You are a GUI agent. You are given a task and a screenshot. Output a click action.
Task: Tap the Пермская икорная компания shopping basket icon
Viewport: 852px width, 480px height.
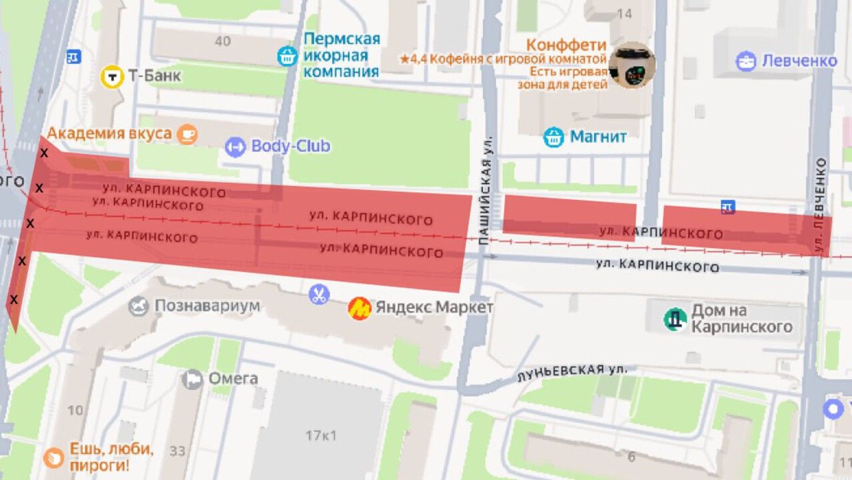287,56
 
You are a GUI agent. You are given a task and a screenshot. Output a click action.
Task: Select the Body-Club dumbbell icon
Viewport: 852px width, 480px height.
234,147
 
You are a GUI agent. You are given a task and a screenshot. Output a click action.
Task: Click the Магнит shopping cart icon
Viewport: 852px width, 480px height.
554,137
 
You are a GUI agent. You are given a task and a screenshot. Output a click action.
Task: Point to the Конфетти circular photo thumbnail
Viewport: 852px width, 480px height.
632,65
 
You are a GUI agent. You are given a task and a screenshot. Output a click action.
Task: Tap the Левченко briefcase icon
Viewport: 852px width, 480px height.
745,61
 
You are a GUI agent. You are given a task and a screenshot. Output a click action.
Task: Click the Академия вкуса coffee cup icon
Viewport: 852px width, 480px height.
187,134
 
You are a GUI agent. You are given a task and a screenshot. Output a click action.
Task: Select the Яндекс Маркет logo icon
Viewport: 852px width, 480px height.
360,308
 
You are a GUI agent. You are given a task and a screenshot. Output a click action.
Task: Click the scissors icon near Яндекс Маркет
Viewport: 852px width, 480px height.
319,294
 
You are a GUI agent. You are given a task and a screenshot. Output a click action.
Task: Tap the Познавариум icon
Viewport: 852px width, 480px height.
139,306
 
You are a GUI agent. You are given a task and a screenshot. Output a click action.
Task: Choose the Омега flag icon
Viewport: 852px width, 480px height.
192,379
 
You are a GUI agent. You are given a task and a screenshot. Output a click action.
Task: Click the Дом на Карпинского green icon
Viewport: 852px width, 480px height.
675,319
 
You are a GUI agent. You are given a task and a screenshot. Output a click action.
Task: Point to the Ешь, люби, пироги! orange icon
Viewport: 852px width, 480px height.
53,457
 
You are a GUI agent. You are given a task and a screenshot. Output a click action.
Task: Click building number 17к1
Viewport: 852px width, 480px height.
321,436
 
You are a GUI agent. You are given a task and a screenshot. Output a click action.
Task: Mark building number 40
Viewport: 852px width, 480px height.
222,41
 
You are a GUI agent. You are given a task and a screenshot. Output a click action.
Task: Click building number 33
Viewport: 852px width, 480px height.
177,451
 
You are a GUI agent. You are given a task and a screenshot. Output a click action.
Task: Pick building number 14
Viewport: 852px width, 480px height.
624,13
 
